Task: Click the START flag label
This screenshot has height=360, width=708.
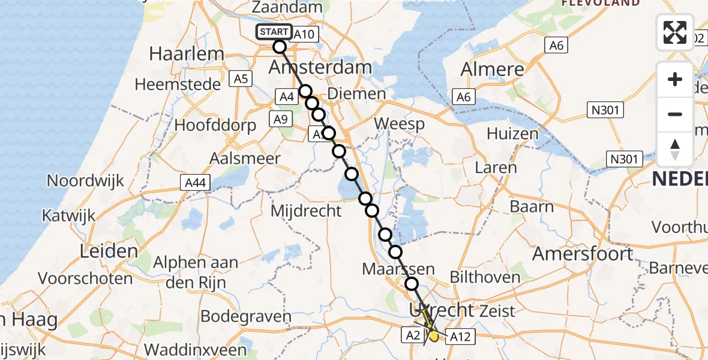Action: [x=275, y=32]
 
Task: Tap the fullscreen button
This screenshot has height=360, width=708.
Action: [x=675, y=32]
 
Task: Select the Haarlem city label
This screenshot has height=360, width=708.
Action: [x=178, y=53]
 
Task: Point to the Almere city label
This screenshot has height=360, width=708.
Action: [x=492, y=69]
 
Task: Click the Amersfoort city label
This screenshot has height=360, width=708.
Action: [x=583, y=254]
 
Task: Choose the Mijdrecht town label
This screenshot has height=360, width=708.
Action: [x=306, y=211]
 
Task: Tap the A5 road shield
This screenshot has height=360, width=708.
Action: [x=242, y=79]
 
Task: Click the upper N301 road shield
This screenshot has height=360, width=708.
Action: [x=606, y=110]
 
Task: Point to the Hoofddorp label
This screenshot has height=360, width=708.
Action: [x=215, y=125]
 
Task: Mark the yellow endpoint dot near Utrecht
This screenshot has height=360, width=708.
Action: [x=433, y=336]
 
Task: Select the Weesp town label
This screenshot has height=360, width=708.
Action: [x=399, y=124]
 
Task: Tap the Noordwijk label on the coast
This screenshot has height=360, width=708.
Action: [x=85, y=180]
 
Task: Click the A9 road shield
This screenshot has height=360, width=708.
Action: [x=280, y=119]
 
